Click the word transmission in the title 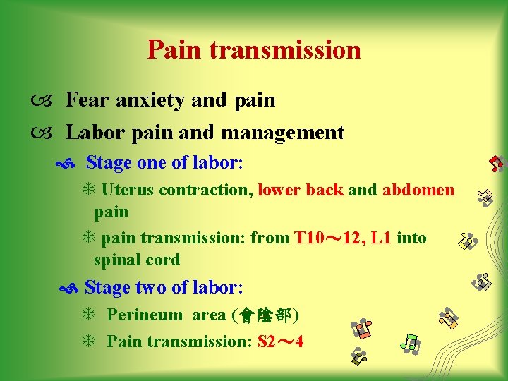(x=284, y=50)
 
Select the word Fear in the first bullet (x=87, y=100)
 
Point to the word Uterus (x=128, y=190)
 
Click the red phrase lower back (x=301, y=190)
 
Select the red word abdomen (x=418, y=190)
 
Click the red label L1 (x=380, y=238)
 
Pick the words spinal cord (x=137, y=260)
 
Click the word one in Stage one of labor (x=151, y=164)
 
